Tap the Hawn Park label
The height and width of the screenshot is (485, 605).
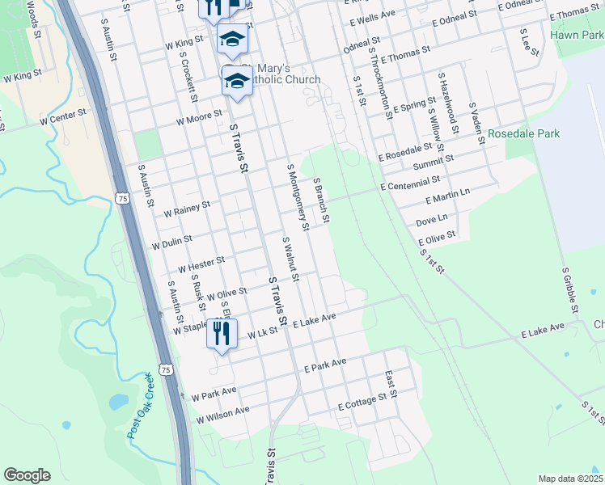click(x=577, y=35)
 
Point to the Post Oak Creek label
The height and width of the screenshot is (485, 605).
click(x=138, y=406)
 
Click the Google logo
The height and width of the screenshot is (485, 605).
click(x=27, y=475)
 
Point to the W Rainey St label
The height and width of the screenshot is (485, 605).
click(x=186, y=209)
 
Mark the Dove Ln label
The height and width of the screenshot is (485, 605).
click(x=431, y=219)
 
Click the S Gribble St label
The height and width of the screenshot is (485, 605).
click(x=569, y=291)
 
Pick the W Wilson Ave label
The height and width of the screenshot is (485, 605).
click(x=223, y=415)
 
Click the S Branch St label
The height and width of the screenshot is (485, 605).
click(x=321, y=200)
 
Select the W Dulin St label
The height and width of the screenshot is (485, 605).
click(x=172, y=241)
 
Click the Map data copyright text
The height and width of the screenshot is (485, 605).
click(x=570, y=479)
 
